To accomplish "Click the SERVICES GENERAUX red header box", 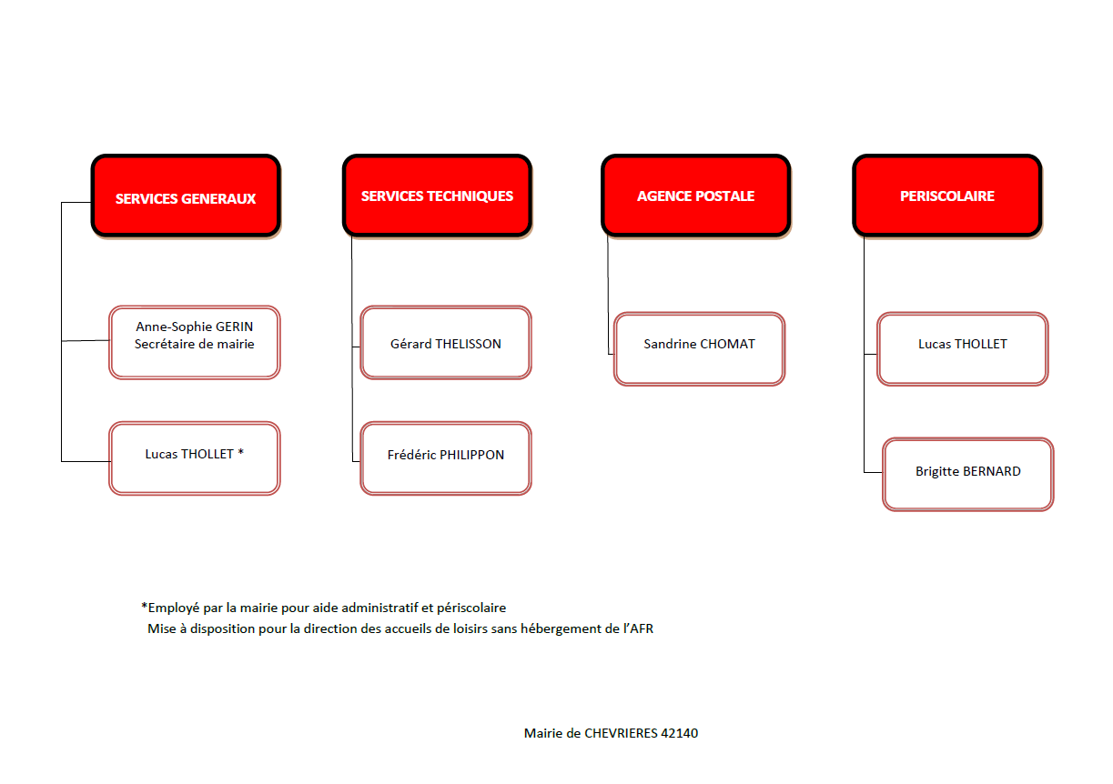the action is click(x=186, y=196).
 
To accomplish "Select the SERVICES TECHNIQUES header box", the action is click(x=437, y=196).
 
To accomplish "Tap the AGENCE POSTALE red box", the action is click(x=695, y=196).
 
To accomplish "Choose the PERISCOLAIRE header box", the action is click(x=947, y=196).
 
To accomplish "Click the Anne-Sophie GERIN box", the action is click(x=194, y=342).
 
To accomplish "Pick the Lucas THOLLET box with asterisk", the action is click(x=194, y=457).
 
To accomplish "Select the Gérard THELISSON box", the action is click(x=446, y=342).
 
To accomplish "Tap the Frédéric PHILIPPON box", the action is click(x=446, y=457).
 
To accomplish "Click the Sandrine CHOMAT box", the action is click(x=699, y=348).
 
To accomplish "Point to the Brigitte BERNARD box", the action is click(x=968, y=474).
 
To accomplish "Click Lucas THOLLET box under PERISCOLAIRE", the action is click(x=963, y=348).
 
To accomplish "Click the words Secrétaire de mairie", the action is click(x=194, y=344).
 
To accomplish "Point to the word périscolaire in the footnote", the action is click(x=471, y=608).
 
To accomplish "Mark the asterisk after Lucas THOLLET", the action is click(x=240, y=452).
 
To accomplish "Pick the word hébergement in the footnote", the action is click(x=563, y=629).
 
